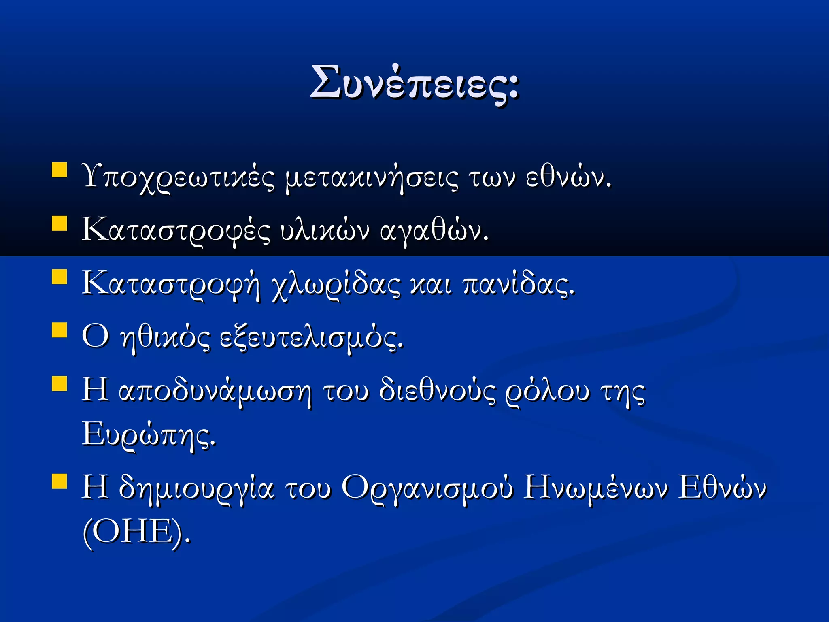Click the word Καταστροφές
pos(176,230)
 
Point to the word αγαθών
pos(434,230)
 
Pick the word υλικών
pos(325,230)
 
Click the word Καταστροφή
pos(170,283)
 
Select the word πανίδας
pos(518,283)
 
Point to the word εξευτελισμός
pos(311,337)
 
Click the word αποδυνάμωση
pos(215,391)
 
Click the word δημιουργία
pos(196,488)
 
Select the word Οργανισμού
pos(427,488)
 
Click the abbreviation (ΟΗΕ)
pos(136,531)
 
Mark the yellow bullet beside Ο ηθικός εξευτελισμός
pos(60,330)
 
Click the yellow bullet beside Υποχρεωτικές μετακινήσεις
pos(60,170)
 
